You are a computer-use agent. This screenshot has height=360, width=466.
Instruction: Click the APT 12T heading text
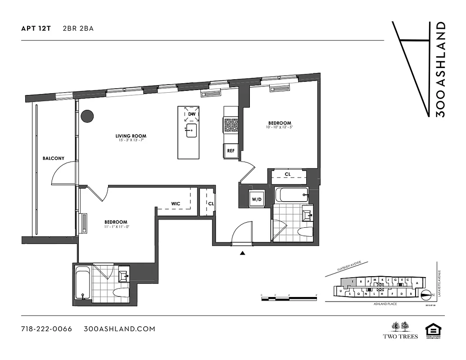coord(36,28)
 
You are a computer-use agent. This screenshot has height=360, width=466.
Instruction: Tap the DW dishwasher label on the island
coord(192,114)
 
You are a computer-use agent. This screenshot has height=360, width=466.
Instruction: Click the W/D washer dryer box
coord(257,199)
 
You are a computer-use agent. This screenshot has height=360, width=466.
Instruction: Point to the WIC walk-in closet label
coord(176,204)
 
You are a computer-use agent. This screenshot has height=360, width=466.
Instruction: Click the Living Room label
coord(131,136)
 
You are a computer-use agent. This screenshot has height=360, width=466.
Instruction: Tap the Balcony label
coord(54,158)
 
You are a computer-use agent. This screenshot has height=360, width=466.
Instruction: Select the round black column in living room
coord(87,116)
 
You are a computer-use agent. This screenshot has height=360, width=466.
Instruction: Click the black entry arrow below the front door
coord(243,254)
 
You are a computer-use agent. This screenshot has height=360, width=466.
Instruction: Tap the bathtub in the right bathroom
coord(292,195)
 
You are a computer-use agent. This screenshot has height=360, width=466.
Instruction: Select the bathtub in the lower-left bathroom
coord(82,283)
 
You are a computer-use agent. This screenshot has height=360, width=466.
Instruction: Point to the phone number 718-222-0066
coord(46,329)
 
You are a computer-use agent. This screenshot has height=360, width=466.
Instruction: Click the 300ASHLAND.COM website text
coord(119,329)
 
